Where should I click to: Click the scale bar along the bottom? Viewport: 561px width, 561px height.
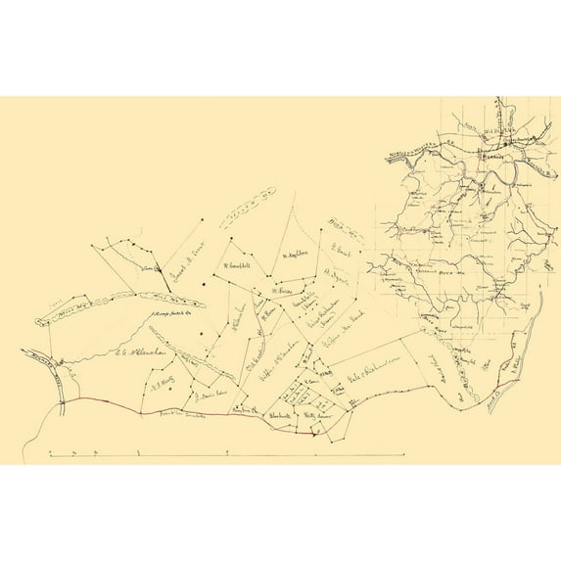point(225,454)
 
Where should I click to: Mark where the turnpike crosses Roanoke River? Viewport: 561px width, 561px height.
point(64,400)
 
